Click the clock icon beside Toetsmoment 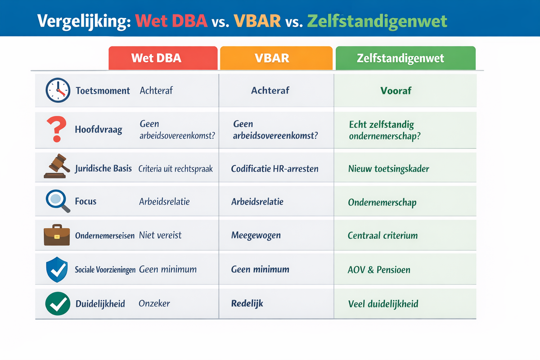(x=58, y=90)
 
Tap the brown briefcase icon (x=57, y=235)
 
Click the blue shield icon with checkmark (x=57, y=270)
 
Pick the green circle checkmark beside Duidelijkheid (x=58, y=303)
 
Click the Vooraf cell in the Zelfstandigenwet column (x=396, y=90)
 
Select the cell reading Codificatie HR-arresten (x=274, y=169)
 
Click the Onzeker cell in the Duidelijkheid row (x=154, y=303)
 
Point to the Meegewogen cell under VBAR (x=256, y=235)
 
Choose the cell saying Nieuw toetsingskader (x=388, y=169)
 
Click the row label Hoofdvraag (x=99, y=130)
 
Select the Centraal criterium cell (x=382, y=235)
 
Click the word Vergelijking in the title (x=83, y=21)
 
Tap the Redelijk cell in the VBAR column (x=247, y=303)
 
